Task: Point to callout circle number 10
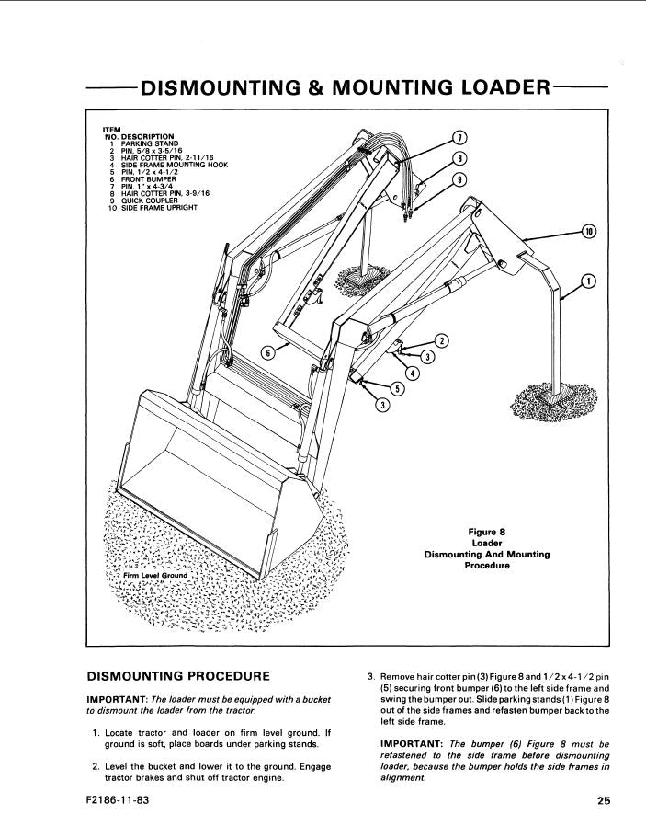tap(589, 231)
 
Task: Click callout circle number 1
tap(589, 281)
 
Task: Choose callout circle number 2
tap(441, 341)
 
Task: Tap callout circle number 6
tap(267, 352)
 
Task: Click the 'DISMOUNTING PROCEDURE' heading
tap(177, 677)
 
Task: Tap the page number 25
tap(603, 801)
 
